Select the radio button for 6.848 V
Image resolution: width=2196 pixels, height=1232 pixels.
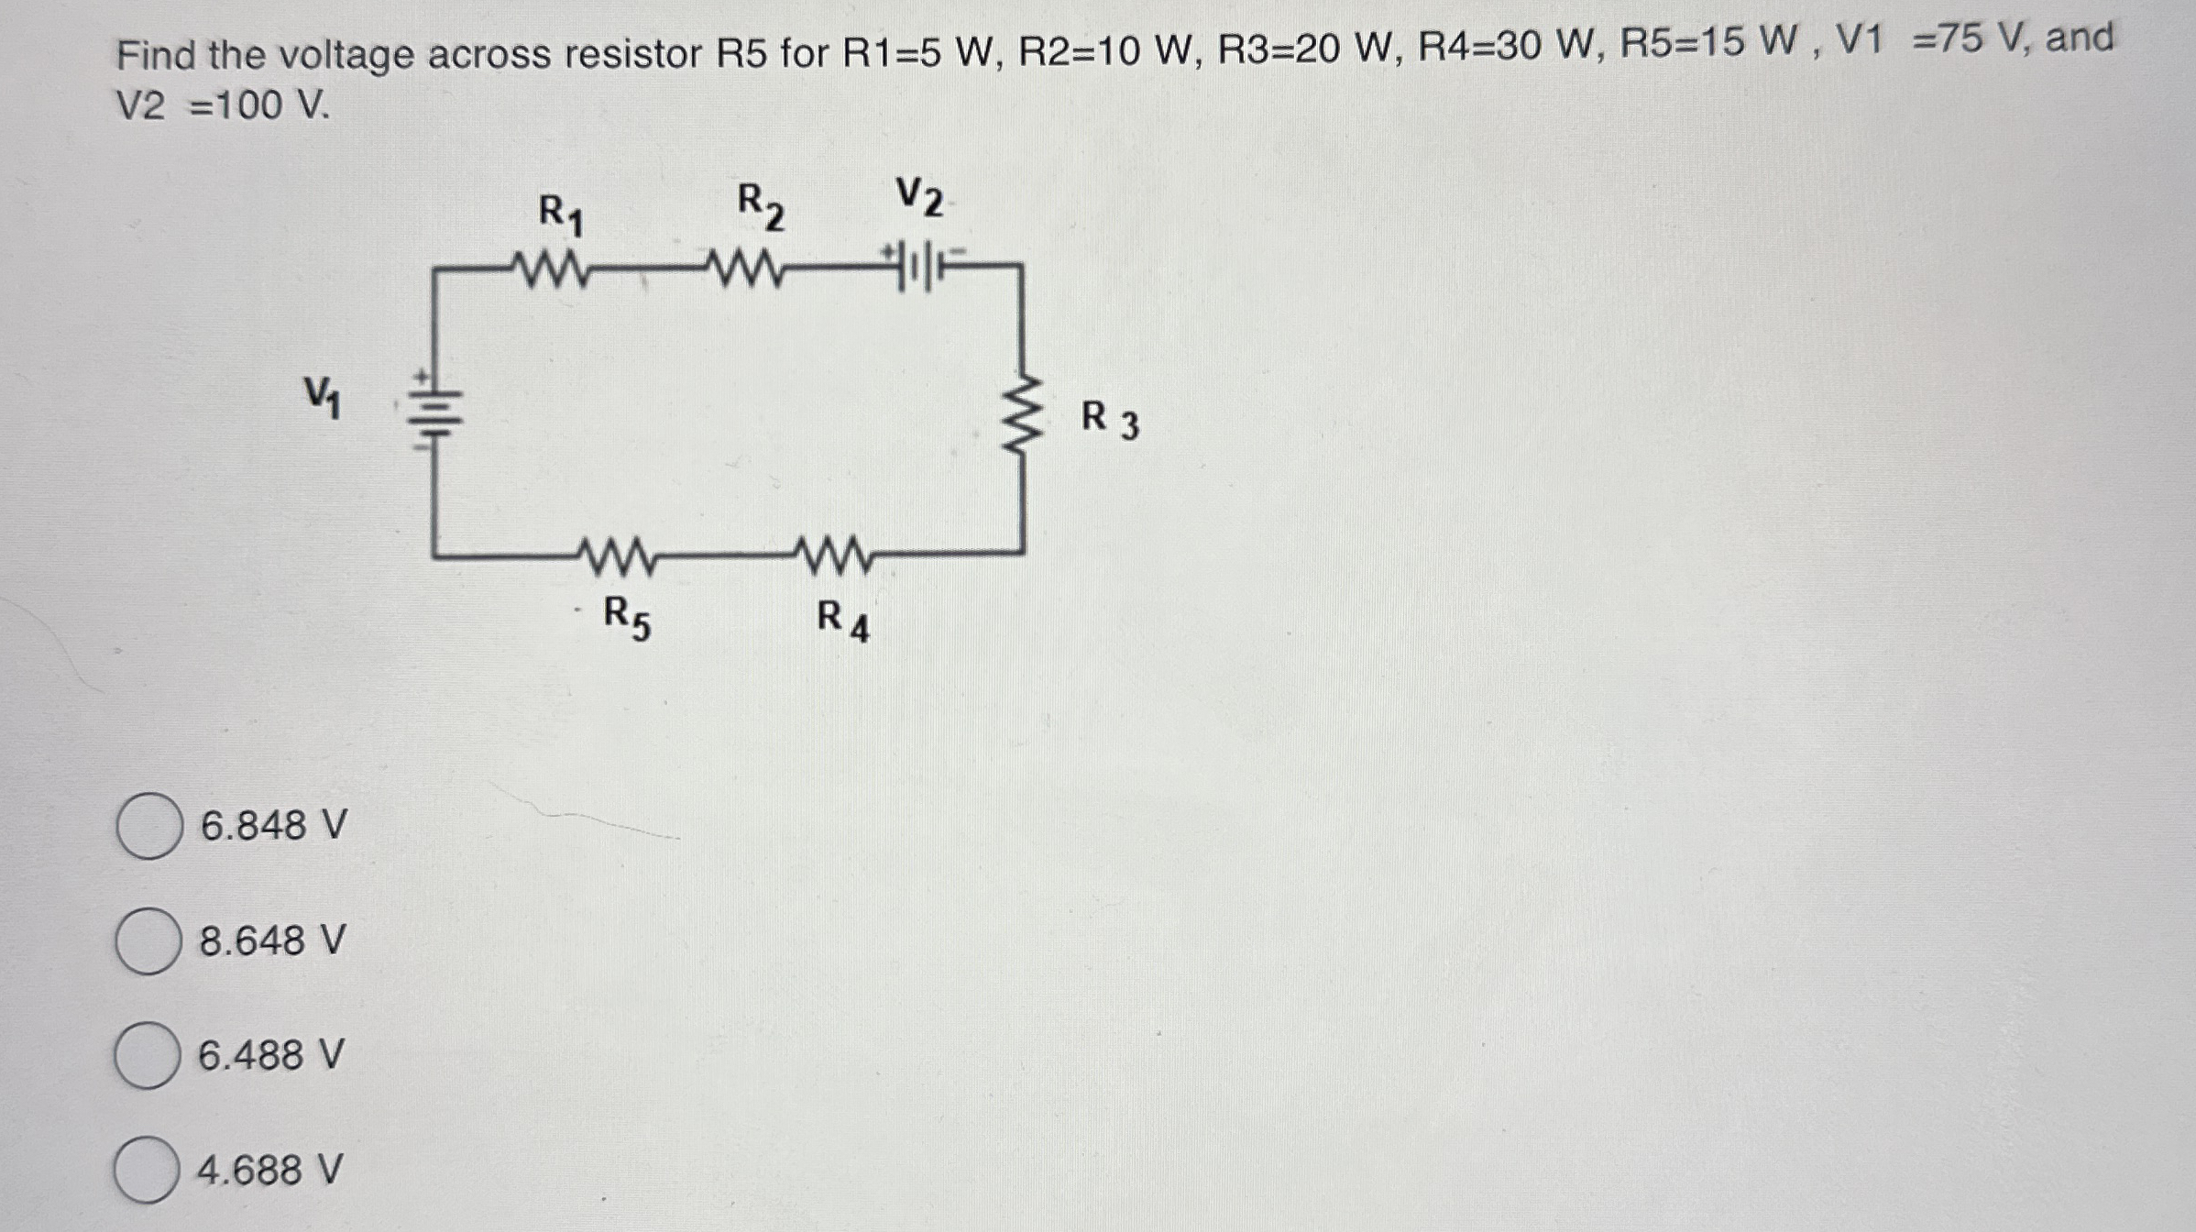pyautogui.click(x=148, y=826)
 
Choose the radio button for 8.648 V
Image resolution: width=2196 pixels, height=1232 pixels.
pyautogui.click(x=148, y=940)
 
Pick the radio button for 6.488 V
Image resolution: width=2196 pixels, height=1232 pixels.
pyautogui.click(x=147, y=1055)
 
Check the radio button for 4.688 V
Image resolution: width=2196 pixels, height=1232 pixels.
pyautogui.click(x=147, y=1170)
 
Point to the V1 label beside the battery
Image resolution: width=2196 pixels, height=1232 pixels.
pyautogui.click(x=323, y=397)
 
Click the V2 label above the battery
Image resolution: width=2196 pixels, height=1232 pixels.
pyautogui.click(x=919, y=197)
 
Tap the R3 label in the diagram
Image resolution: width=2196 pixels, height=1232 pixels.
pyautogui.click(x=1110, y=420)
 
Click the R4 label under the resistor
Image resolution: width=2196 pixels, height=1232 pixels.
pyautogui.click(x=842, y=621)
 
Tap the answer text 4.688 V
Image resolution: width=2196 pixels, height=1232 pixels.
pyautogui.click(x=270, y=1171)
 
